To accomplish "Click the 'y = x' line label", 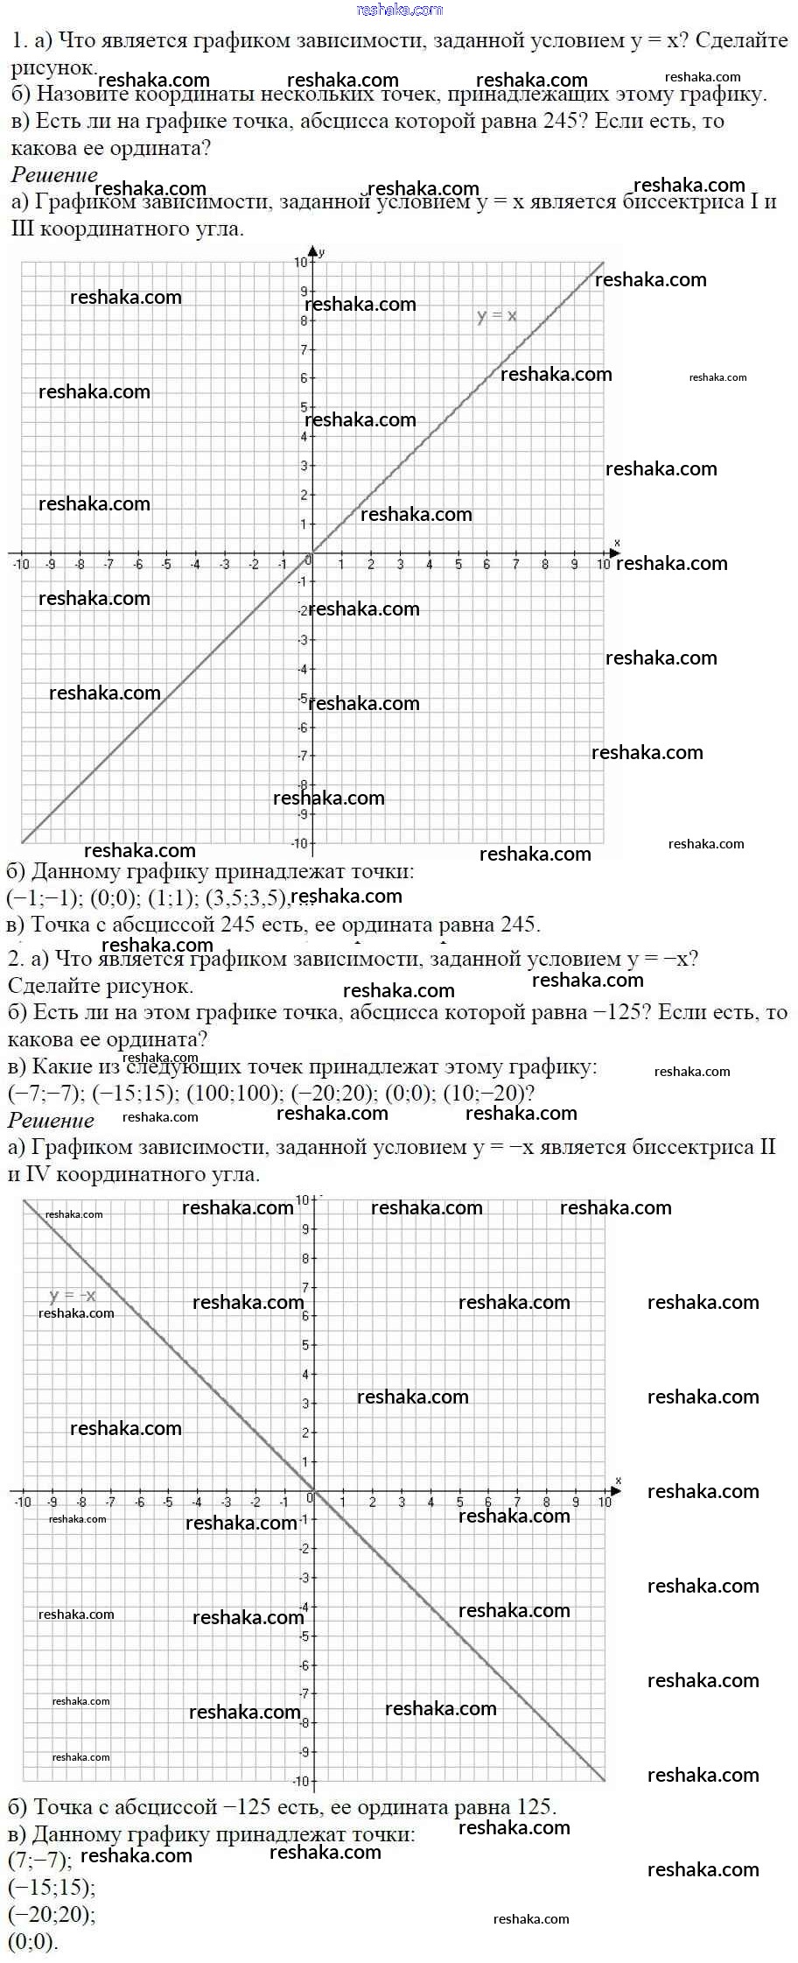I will pyautogui.click(x=496, y=316).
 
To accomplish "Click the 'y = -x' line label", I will pyautogui.click(x=73, y=1296).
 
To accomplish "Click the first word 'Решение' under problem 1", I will pyautogui.click(x=54, y=174).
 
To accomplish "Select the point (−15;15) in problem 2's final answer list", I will pyautogui.click(x=52, y=1886).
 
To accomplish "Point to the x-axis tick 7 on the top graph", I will pyautogui.click(x=515, y=565).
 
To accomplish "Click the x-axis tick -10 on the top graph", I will pyautogui.click(x=21, y=565).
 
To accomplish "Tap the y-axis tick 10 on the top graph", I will pyautogui.click(x=301, y=263).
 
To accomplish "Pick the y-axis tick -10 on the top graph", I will pyautogui.click(x=299, y=843).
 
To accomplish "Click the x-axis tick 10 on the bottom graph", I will pyautogui.click(x=605, y=1502).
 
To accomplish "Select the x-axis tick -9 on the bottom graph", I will pyautogui.click(x=52, y=1502).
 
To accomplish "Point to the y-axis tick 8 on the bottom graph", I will pyautogui.click(x=305, y=1259).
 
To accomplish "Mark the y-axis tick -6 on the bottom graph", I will pyautogui.click(x=304, y=1665).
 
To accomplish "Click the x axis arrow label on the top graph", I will pyautogui.click(x=617, y=543).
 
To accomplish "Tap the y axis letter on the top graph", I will pyautogui.click(x=322, y=252).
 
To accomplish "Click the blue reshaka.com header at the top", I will pyautogui.click(x=400, y=10).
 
